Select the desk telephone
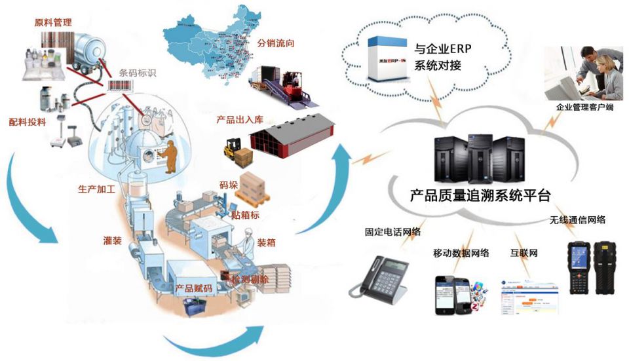tap(380, 273)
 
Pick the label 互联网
tap(524, 252)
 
